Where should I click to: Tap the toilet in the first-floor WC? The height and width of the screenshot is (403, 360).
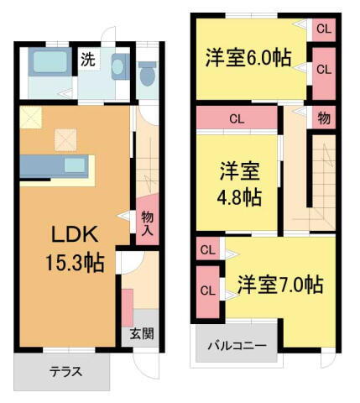pos(148,75)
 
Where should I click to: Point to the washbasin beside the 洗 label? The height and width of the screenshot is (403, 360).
pos(118,65)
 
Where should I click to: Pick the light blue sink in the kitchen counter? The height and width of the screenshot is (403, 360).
pos(75,164)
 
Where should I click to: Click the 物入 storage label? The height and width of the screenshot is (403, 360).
pos(147,223)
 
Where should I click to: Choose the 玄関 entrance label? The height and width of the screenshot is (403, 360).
pos(141,333)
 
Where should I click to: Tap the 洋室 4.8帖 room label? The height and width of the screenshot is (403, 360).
pos(240,184)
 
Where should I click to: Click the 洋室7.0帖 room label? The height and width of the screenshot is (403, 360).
pos(279,284)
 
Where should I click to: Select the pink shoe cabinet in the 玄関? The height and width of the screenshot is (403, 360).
pos(128,306)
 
